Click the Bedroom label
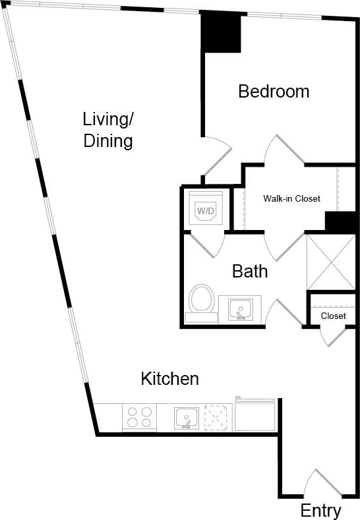(274, 91)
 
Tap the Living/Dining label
(108, 130)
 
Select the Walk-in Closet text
(291, 198)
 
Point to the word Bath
(250, 271)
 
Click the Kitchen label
(169, 379)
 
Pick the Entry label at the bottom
(320, 510)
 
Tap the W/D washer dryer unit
(206, 210)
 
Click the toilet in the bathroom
(201, 301)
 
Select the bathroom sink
(240, 308)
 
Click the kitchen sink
(187, 418)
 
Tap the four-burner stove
(139, 417)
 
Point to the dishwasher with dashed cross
(218, 417)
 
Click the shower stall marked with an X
(331, 262)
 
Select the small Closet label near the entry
(333, 316)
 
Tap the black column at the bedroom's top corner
(221, 32)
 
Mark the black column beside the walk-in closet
(341, 222)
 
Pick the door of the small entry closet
(333, 335)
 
